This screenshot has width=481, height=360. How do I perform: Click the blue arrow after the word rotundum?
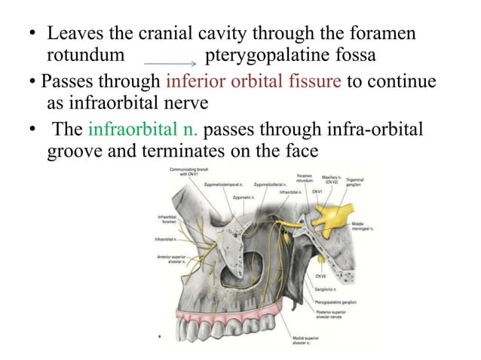click(x=174, y=64)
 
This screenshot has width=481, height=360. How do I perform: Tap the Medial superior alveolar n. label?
click(x=305, y=341)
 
